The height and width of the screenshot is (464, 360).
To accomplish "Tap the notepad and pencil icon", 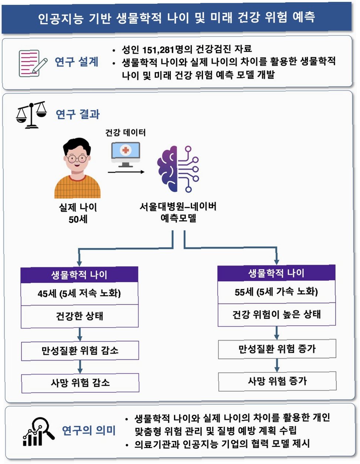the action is point(33,63).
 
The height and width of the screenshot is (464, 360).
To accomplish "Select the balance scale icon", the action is point(32,115).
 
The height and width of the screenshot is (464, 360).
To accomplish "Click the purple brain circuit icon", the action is point(178,169).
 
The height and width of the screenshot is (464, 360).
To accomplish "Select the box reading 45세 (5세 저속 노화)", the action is point(79,294).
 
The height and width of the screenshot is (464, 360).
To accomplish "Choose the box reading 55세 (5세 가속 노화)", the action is point(276,292).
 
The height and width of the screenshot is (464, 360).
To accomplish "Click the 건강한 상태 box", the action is point(79,316).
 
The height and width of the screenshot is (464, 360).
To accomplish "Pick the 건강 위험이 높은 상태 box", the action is point(276,315).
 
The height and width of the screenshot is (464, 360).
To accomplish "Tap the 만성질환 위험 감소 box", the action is point(80,350).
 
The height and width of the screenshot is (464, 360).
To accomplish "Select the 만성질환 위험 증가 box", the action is point(277,349).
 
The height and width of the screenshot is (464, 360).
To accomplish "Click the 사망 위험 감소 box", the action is point(80,383).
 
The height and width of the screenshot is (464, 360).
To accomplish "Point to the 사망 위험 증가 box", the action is point(277,381).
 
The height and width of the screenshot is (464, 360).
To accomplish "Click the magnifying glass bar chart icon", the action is point(38,431).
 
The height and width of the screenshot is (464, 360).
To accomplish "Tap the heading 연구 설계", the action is point(77,62).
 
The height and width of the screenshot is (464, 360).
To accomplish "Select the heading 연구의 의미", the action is point(88,430).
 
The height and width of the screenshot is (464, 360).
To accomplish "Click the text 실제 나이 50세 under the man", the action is point(78,213).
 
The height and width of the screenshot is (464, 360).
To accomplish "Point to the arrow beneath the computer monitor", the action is point(126,172).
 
